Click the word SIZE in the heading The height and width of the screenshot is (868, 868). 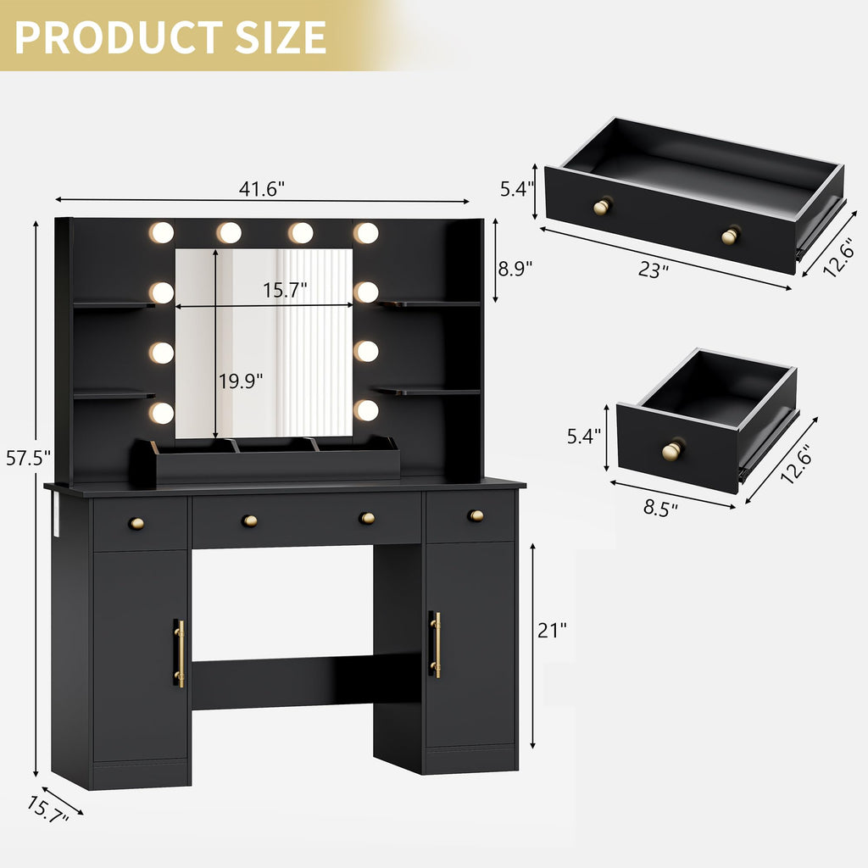[277, 36]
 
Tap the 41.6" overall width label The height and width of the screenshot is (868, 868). [261, 189]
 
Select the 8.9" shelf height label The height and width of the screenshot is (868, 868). [515, 269]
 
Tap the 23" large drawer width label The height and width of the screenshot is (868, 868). [654, 270]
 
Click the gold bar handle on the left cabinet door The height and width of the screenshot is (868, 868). [179, 653]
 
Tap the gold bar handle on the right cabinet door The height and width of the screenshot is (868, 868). [436, 644]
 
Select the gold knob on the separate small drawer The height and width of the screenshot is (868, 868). [672, 450]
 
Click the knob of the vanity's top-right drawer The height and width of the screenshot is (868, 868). [476, 515]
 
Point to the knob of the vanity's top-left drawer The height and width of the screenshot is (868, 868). [136, 523]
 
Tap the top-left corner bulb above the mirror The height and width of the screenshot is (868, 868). [160, 232]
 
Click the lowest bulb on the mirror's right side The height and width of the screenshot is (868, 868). [366, 410]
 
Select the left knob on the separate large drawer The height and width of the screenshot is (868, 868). [602, 206]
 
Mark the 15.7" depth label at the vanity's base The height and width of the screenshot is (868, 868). [47, 806]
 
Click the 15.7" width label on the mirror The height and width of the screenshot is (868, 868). [285, 290]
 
